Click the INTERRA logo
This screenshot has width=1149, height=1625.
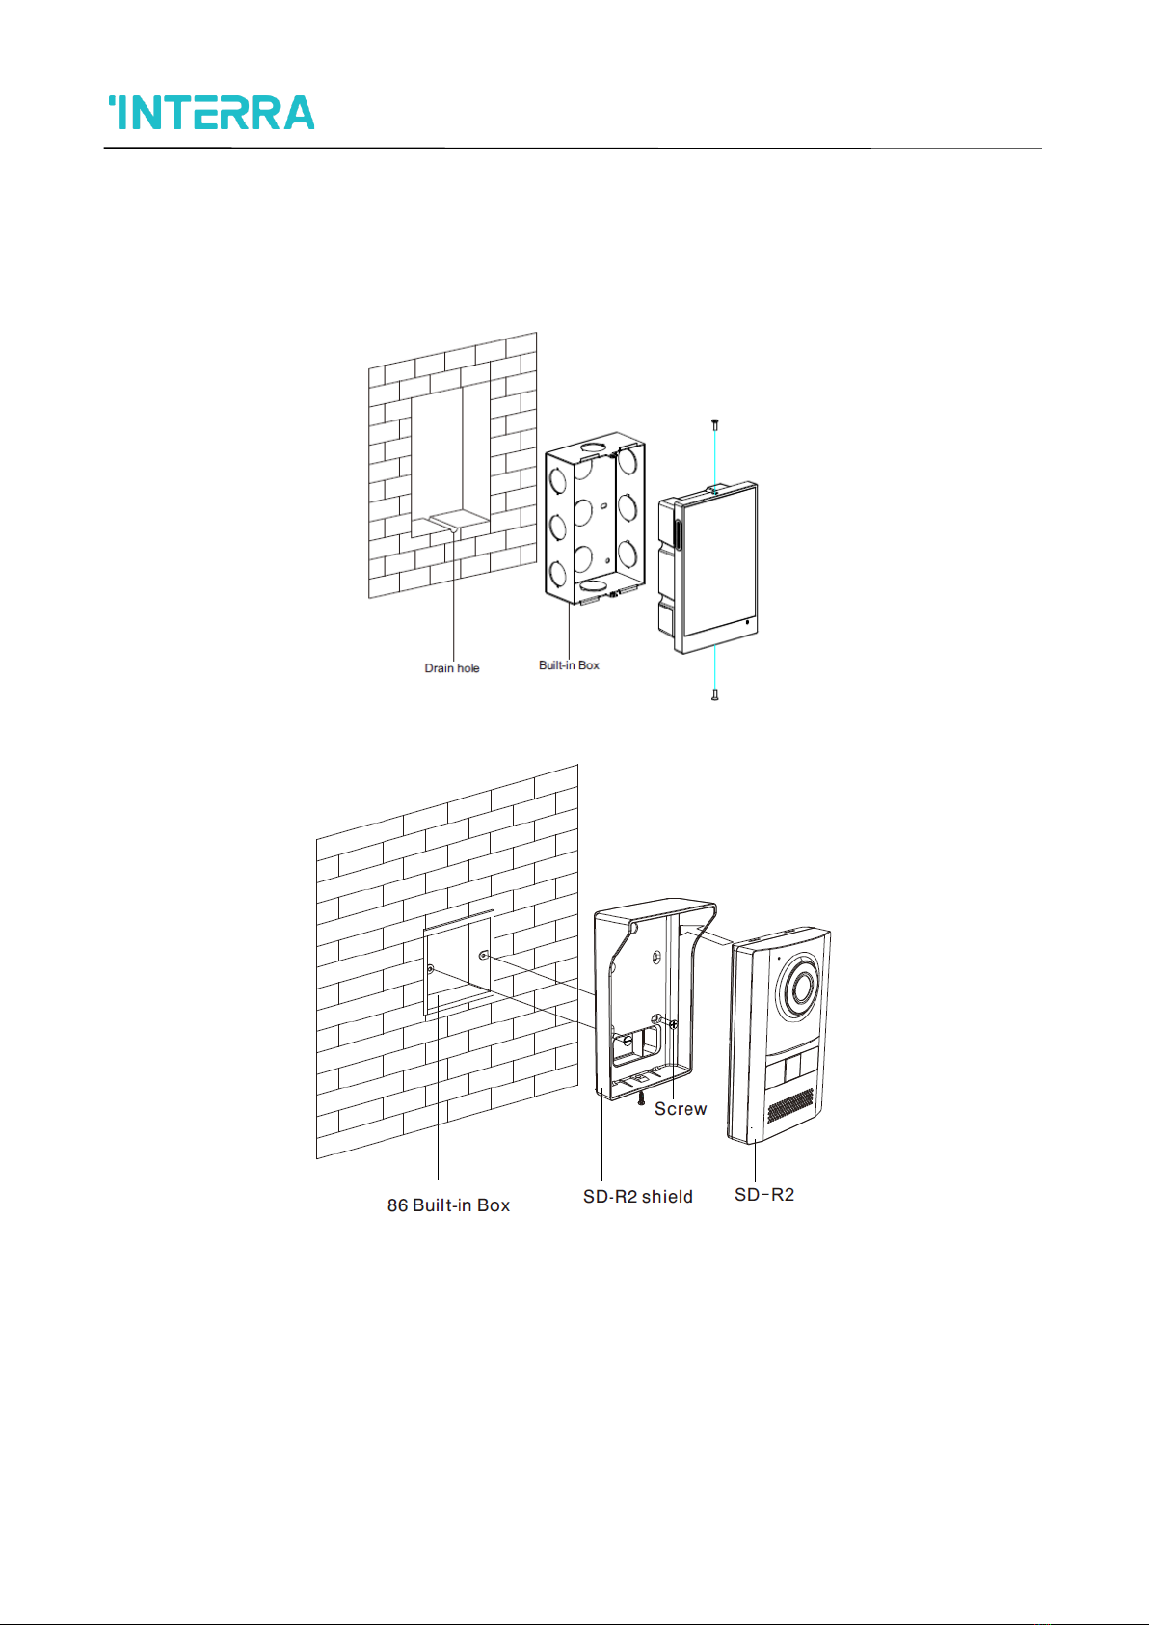click(x=211, y=113)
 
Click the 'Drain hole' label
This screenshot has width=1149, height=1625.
click(x=451, y=668)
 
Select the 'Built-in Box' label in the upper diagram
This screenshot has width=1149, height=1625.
click(x=569, y=665)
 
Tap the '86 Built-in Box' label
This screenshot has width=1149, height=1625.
click(x=448, y=1205)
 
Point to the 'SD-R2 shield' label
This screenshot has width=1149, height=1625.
click(x=637, y=1197)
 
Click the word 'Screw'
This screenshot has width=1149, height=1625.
click(x=681, y=1109)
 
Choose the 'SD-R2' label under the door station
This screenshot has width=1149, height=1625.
click(x=764, y=1195)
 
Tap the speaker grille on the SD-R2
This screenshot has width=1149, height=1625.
click(x=790, y=1105)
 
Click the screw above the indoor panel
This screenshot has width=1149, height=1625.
click(x=714, y=424)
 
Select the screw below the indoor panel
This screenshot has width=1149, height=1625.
click(x=714, y=693)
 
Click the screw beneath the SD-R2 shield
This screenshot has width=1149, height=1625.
click(x=641, y=1098)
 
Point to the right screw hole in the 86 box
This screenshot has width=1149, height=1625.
click(x=484, y=957)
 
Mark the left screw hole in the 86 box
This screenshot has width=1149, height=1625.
click(x=431, y=969)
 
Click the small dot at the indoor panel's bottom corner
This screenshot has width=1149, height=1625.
click(x=747, y=623)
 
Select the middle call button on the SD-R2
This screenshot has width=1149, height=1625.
click(x=791, y=1069)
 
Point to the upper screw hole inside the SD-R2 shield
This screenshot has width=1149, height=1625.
click(x=655, y=958)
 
